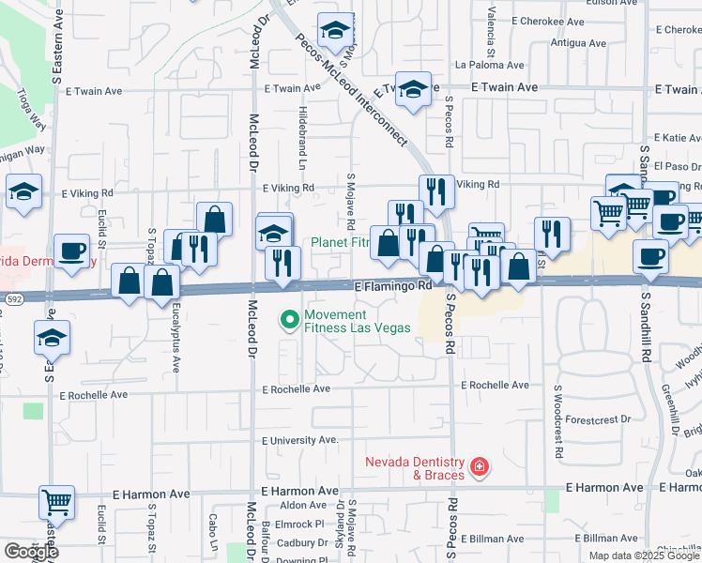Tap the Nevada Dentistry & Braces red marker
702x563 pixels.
[x=479, y=466]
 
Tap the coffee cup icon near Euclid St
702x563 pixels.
[x=71, y=251]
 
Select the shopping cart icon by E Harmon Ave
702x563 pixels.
[x=56, y=502]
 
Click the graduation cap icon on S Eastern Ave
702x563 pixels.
[x=52, y=338]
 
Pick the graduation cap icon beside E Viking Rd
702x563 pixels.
[x=23, y=191]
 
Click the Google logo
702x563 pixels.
[x=30, y=552]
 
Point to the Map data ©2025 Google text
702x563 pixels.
[x=644, y=555]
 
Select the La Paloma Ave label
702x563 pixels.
[x=487, y=66]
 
